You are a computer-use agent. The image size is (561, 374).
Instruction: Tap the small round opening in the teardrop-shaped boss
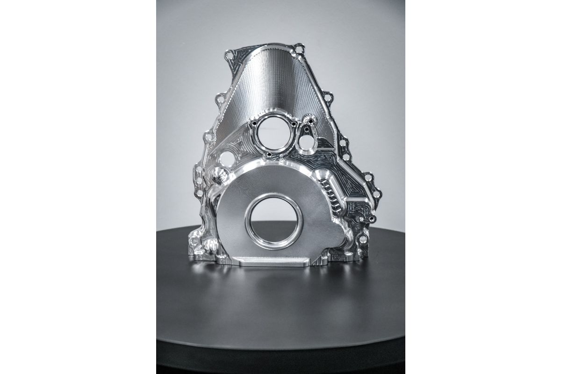point(306,140)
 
